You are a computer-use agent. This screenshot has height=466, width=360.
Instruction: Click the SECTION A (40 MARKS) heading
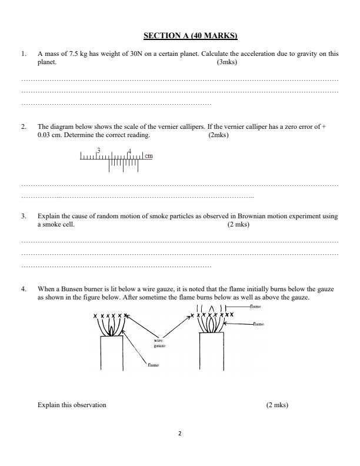[180, 36]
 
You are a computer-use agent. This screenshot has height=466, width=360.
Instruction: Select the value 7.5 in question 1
[71, 54]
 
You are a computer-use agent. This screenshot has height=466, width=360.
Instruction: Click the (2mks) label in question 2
[219, 135]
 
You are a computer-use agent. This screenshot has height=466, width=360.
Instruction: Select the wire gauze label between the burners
[159, 343]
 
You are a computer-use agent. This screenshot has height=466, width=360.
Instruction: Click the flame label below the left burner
[154, 365]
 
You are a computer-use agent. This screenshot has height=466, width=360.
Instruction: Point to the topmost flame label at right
[255, 307]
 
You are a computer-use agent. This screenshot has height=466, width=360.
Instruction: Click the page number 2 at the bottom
[180, 434]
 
